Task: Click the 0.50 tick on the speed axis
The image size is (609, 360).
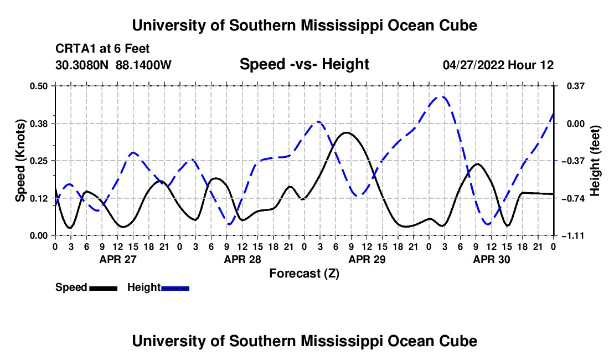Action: coord(39,86)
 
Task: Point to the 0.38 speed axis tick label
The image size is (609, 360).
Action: coord(39,124)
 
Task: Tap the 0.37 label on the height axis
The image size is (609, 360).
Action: coord(576,86)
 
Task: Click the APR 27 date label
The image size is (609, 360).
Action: coord(118,259)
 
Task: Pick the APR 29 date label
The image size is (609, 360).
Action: coord(367,259)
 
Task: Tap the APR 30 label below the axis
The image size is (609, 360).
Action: coord(491,259)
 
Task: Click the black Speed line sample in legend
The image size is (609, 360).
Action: coord(104,288)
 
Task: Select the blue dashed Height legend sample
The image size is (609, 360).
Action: coord(175,288)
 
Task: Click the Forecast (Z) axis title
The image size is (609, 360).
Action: coord(304,274)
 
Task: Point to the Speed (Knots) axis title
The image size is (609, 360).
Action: coord(20,161)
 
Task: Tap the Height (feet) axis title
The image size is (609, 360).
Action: coord(595,161)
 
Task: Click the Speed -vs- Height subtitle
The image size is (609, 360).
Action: coord(304,64)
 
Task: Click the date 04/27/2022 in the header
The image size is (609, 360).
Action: coord(473,65)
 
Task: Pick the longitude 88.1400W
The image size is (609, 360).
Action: coord(143,65)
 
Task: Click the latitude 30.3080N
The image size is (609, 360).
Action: coord(82,65)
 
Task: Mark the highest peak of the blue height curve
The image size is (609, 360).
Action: coord(440,96)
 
